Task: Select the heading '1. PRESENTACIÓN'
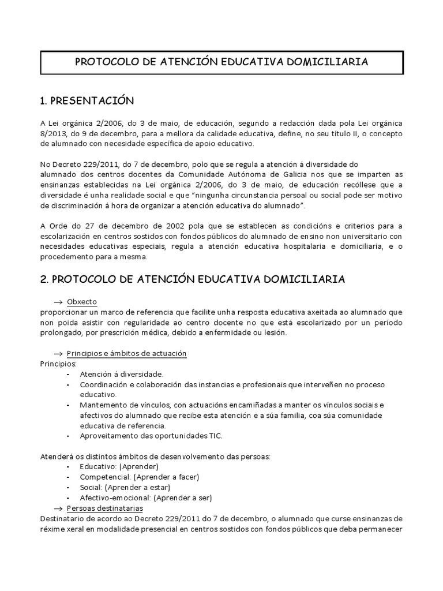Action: [x=87, y=101]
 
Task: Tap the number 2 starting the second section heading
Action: [x=43, y=279]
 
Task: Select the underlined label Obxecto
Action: [x=82, y=302]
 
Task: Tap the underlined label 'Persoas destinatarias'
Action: [x=105, y=508]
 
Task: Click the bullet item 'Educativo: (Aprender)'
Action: [x=119, y=466]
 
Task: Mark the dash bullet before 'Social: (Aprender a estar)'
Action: [x=69, y=487]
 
